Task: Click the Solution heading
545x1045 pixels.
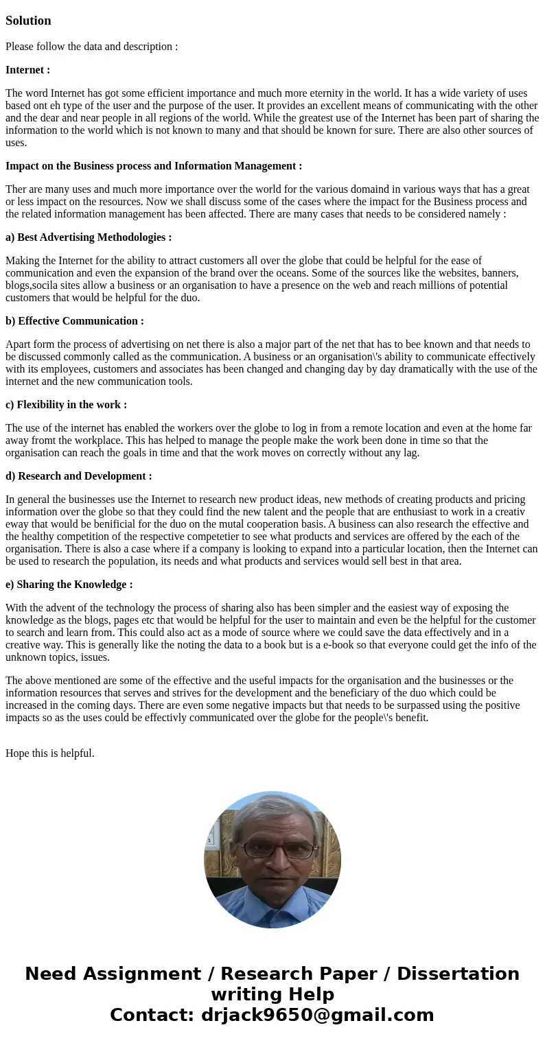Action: click(28, 21)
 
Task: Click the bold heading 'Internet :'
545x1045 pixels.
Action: click(27, 70)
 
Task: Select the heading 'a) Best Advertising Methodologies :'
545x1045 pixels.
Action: click(89, 237)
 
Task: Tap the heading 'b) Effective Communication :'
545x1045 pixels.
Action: click(75, 321)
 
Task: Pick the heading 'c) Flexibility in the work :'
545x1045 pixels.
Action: click(66, 405)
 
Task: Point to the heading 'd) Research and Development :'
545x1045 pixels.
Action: click(79, 476)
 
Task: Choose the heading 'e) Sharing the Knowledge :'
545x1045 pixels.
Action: click(69, 585)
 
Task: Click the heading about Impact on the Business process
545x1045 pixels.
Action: click(154, 166)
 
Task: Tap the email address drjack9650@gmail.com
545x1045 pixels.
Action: click(317, 1015)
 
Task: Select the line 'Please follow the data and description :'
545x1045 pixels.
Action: click(92, 47)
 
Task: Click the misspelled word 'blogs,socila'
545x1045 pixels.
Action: click(34, 285)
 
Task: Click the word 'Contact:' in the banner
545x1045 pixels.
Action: click(152, 1015)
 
